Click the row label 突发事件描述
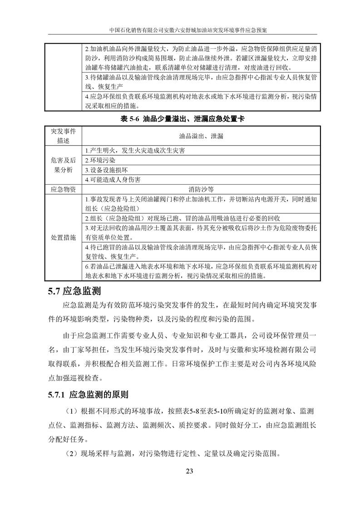click(x=64, y=136)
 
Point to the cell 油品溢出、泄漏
click(x=201, y=136)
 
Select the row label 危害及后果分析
click(x=64, y=165)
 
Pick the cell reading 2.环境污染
click(x=100, y=160)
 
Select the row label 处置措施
click(x=64, y=237)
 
